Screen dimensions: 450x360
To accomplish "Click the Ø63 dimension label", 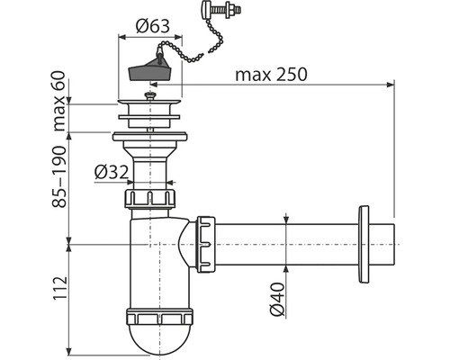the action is [x=153, y=26].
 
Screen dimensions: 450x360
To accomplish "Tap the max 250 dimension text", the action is [x=271, y=74].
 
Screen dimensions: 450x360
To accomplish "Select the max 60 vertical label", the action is [x=59, y=101].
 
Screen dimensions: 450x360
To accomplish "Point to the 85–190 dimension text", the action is [x=59, y=176].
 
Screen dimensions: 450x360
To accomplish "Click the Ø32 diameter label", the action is [x=112, y=172].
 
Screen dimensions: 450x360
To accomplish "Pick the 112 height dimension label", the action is [x=59, y=288].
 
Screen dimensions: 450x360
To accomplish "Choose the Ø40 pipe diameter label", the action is [x=277, y=299].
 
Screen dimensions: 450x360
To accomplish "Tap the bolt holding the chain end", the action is [x=221, y=8].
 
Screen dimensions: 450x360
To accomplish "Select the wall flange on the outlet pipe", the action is [x=364, y=244].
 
